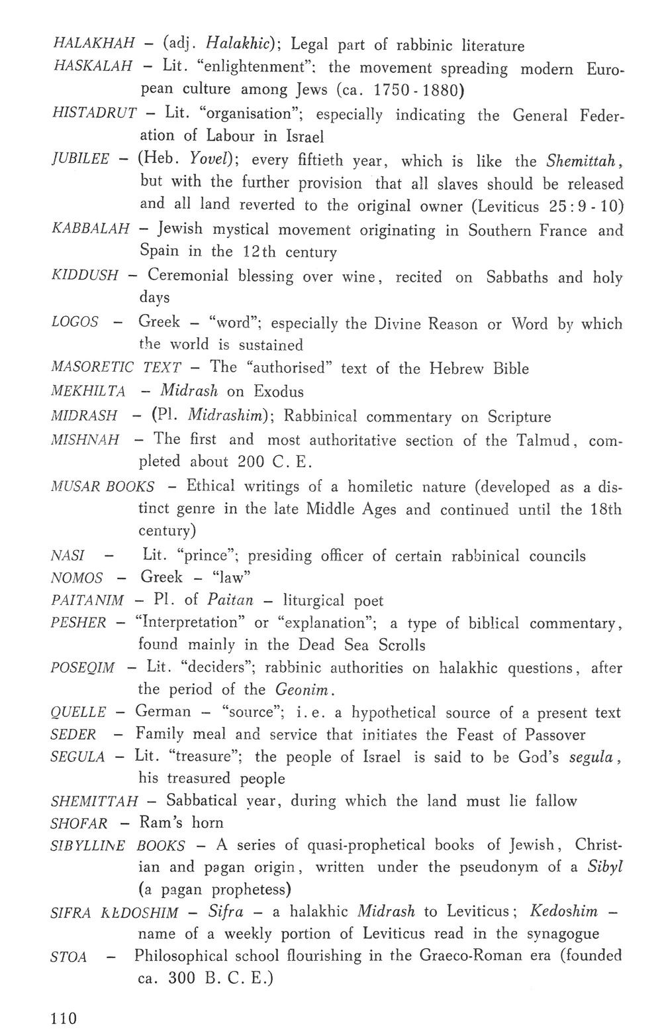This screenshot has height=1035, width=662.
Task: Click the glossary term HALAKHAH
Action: click(93, 44)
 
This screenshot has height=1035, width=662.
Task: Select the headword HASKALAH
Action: click(92, 67)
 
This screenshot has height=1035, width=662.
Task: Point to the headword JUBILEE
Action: click(80, 160)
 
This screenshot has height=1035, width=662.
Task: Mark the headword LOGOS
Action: click(75, 322)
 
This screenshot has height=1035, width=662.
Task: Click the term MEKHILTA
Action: click(88, 391)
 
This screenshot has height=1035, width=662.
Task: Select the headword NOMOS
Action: click(77, 578)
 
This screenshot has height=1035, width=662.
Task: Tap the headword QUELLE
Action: click(78, 713)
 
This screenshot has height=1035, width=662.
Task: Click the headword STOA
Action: click(69, 957)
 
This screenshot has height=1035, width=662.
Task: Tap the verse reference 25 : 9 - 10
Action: click(587, 205)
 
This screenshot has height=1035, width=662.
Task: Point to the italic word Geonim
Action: click(302, 690)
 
